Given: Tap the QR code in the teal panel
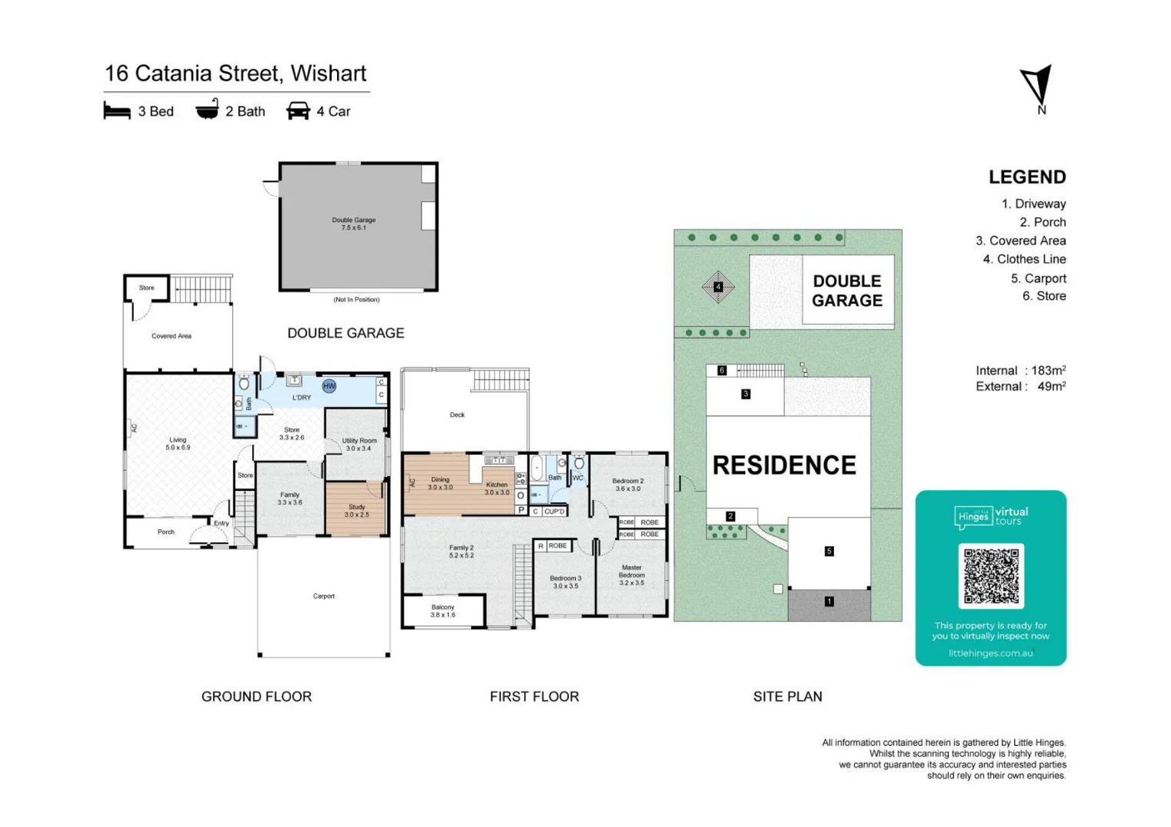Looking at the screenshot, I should pos(990,576).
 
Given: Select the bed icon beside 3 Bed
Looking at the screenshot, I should pos(116,111).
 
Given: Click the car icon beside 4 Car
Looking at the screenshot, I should pos(298,111).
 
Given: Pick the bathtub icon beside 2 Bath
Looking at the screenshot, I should pos(207,110).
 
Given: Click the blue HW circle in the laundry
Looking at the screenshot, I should pos(329,386).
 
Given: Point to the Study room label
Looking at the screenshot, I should pos(356,511).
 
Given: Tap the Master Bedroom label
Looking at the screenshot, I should pos(631,575).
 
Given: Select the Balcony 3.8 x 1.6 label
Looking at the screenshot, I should pos(443,610).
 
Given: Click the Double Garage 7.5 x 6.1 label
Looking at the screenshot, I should pos(354,224).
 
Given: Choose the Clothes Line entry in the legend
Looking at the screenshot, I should pos(1024,260).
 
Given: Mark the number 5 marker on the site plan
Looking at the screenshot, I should pos(829,551).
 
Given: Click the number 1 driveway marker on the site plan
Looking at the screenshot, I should pos(829,602).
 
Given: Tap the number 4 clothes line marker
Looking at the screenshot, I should pos(718,287).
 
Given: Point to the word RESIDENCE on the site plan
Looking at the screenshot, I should pos(784,466).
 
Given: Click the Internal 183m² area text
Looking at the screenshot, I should pos(1020,371).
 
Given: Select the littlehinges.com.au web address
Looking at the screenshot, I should pos(990,653).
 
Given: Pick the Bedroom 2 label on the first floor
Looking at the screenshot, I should pos(627,485).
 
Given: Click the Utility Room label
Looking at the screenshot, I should pos(358,444).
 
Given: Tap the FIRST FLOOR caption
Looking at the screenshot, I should pos(534,697).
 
